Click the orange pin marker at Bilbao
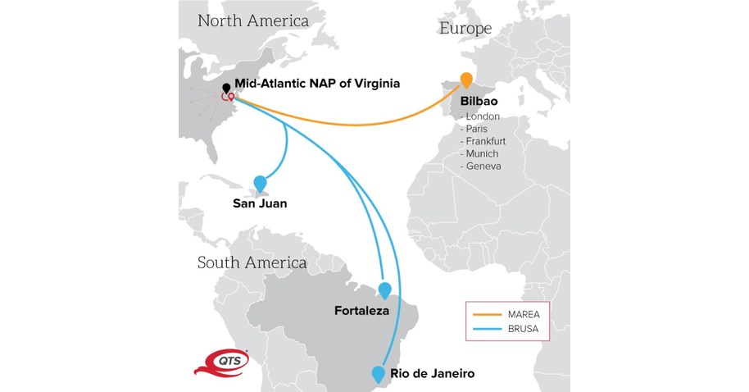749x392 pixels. click(x=466, y=80)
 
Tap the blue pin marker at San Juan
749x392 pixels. click(x=261, y=183)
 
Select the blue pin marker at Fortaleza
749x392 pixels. click(x=384, y=289)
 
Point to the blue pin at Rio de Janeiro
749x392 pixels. click(x=378, y=374)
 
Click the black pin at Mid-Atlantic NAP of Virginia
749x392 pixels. click(x=226, y=88)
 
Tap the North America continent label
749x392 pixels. click(x=253, y=20)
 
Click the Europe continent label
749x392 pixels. click(x=465, y=28)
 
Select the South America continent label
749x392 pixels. click(x=252, y=262)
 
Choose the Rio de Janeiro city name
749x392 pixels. click(x=432, y=374)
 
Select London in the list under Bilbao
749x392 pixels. click(x=483, y=116)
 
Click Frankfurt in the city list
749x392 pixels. click(x=486, y=141)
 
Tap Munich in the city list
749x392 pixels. click(x=482, y=153)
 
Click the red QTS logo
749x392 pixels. click(x=219, y=362)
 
